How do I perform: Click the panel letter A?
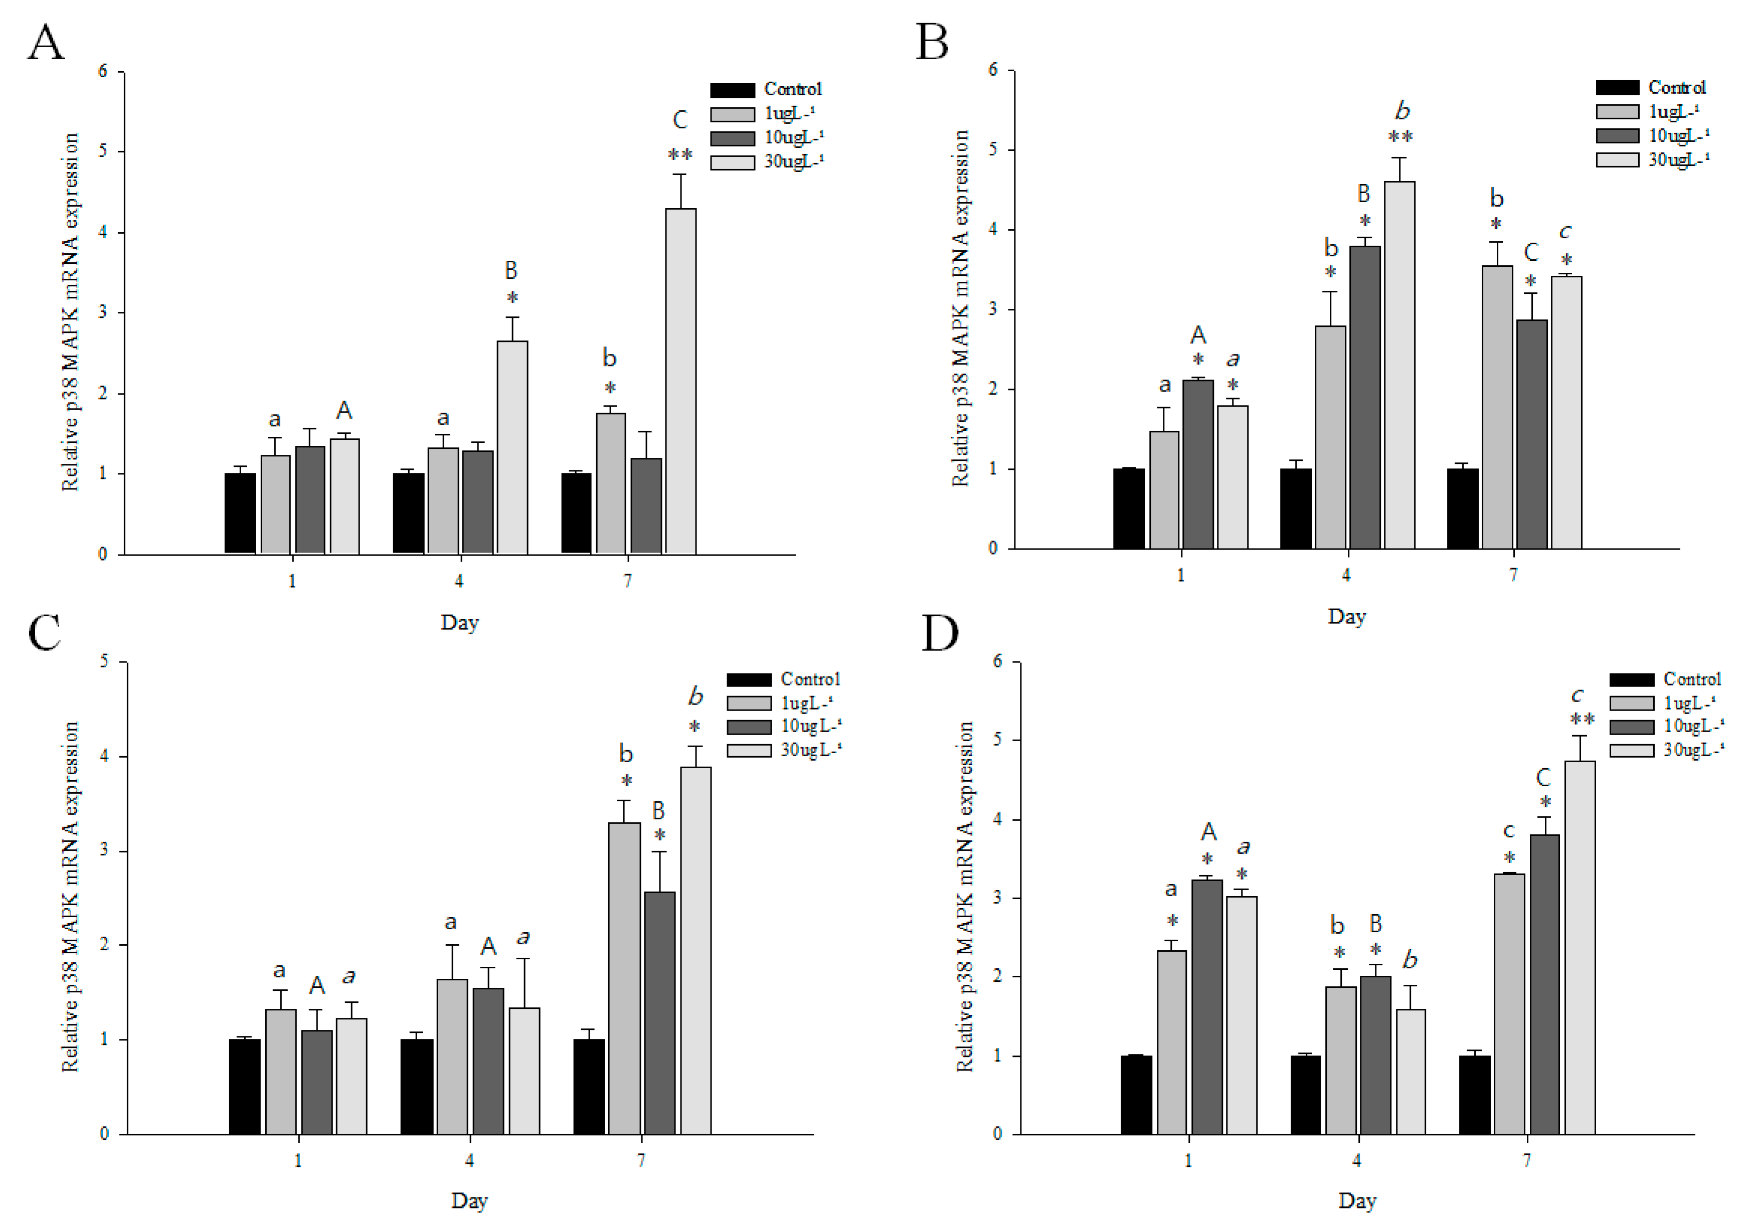tap(46, 43)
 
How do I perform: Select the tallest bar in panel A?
tap(680, 381)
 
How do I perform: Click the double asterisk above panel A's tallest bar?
tap(680, 155)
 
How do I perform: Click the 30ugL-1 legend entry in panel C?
tap(784, 751)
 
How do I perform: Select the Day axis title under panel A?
tap(459, 623)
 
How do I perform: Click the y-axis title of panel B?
tap(960, 308)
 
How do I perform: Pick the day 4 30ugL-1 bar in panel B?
tap(1400, 366)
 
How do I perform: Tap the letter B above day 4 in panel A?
tap(511, 270)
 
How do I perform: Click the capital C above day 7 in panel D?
tap(1543, 777)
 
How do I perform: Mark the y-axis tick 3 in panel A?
tap(103, 313)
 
